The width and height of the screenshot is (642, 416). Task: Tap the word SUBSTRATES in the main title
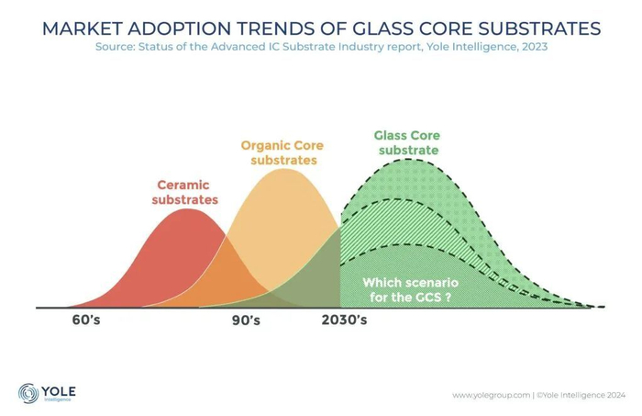540,28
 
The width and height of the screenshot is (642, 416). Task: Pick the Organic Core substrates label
282,152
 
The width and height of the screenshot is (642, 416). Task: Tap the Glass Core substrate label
406,142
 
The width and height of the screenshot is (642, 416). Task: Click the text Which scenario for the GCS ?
406,290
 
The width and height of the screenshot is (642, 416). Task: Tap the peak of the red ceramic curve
188,210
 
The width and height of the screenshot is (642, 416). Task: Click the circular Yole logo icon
28,393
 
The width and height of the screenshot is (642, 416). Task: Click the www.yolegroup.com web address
491,396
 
